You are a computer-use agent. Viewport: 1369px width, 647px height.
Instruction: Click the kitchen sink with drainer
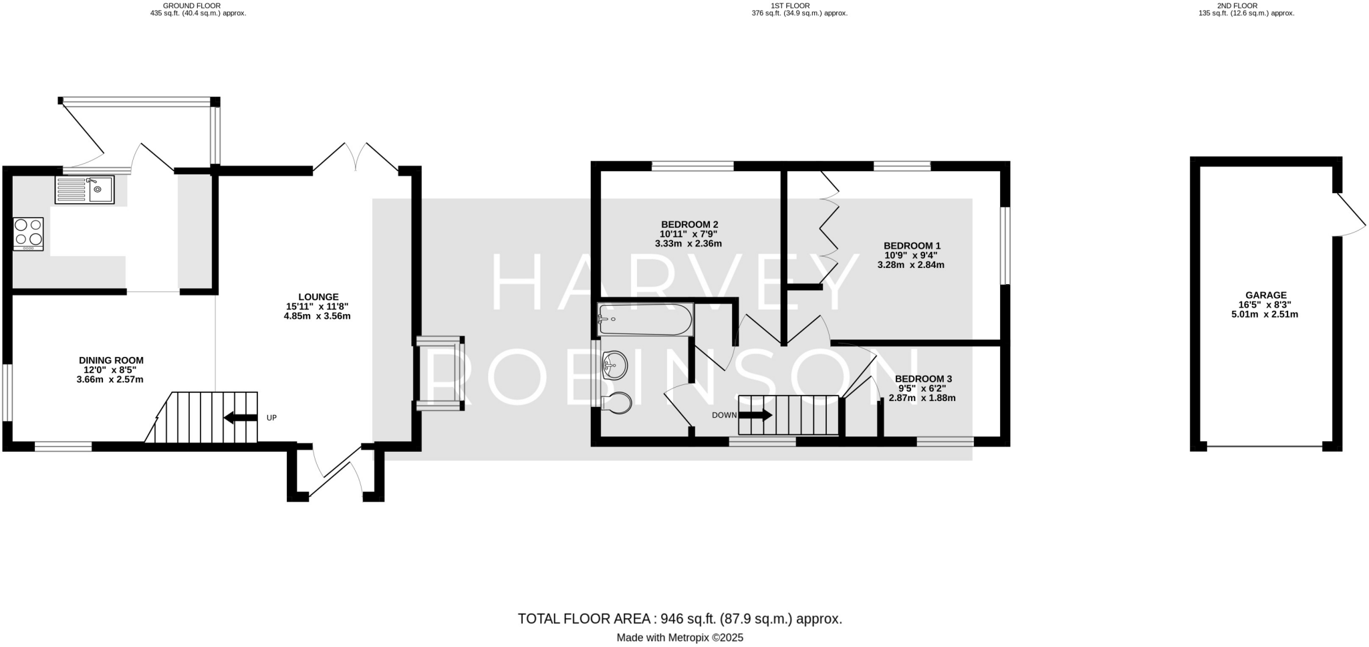pyautogui.click(x=84, y=190)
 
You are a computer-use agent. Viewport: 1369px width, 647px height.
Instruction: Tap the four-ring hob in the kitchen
pyautogui.click(x=28, y=234)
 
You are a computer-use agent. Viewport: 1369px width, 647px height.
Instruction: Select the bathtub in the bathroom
pyautogui.click(x=645, y=319)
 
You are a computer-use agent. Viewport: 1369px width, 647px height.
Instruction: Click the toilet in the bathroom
pyautogui.click(x=616, y=403)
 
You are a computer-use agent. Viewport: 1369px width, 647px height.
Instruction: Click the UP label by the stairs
pyautogui.click(x=271, y=418)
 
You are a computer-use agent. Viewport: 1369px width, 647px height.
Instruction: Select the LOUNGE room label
pyautogui.click(x=318, y=297)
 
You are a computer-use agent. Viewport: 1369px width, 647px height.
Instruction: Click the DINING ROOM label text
pyautogui.click(x=111, y=360)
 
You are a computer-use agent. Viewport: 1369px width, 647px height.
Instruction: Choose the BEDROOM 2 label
pyautogui.click(x=689, y=225)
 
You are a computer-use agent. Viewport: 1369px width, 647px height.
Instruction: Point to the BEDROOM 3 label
pyautogui.click(x=923, y=379)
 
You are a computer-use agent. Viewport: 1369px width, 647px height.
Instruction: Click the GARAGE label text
pyautogui.click(x=1265, y=295)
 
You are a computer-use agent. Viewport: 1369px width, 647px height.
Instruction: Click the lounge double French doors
pyautogui.click(x=356, y=158)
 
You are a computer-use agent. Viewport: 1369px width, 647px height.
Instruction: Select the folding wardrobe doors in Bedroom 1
pyautogui.click(x=829, y=227)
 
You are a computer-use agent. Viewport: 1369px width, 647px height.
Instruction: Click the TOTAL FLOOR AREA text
pyautogui.click(x=679, y=619)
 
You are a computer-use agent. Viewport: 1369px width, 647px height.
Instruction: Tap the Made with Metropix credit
pyautogui.click(x=679, y=638)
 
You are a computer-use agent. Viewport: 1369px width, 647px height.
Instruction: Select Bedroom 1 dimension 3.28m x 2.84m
pyautogui.click(x=910, y=265)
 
